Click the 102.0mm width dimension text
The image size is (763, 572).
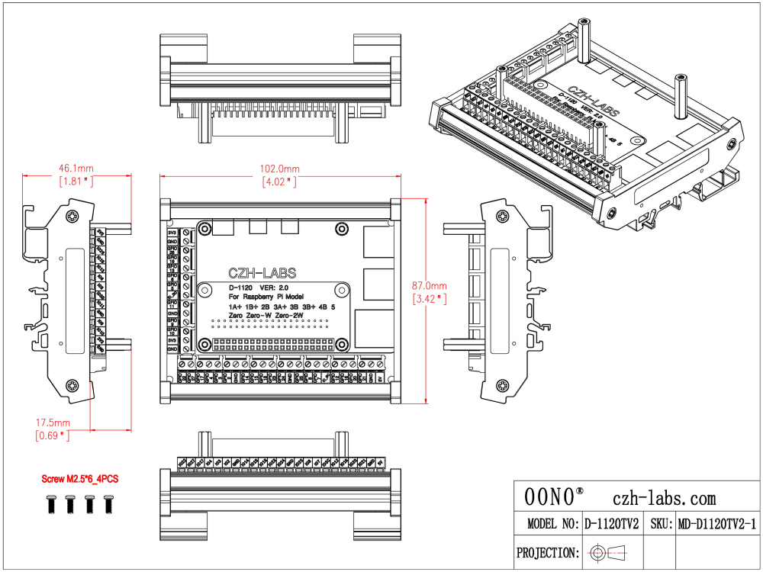click(280, 169)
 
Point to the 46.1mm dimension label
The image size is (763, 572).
click(76, 168)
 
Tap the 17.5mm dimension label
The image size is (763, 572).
click(53, 423)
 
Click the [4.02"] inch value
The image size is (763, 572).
click(280, 182)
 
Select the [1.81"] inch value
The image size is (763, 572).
click(76, 182)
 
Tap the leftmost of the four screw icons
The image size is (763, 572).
click(50, 503)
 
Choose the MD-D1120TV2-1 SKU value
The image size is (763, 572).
click(716, 525)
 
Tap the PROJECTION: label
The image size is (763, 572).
click(546, 552)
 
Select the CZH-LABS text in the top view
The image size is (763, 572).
click(262, 273)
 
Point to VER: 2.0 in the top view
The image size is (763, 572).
click(272, 287)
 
